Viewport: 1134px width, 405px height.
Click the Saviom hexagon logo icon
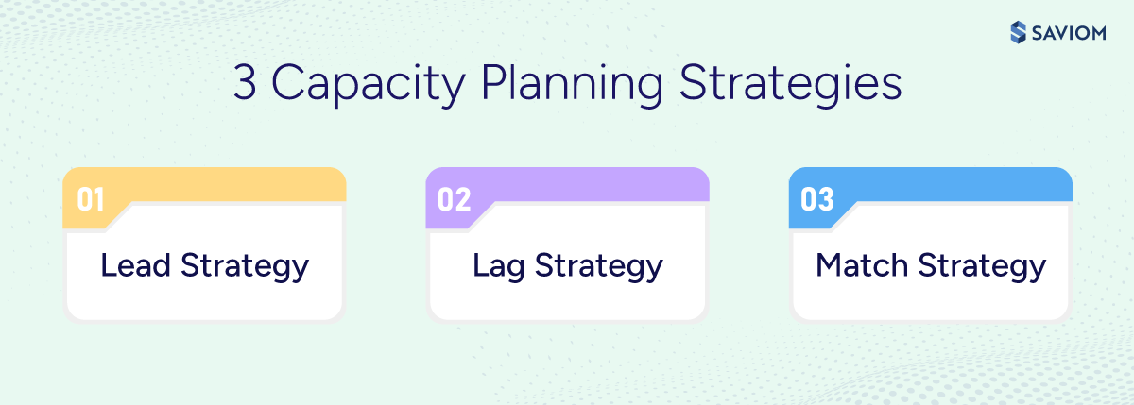[1017, 32]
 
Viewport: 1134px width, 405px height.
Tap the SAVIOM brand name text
[1068, 33]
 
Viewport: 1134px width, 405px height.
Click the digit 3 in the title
[244, 84]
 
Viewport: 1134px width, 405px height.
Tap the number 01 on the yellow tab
[91, 199]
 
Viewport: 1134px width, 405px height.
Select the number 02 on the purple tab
[455, 199]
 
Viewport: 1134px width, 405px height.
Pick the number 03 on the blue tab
[817, 199]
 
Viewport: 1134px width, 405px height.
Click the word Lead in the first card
[136, 266]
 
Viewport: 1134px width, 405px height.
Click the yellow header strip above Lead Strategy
[236, 185]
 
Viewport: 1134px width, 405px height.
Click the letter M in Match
[829, 266]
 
